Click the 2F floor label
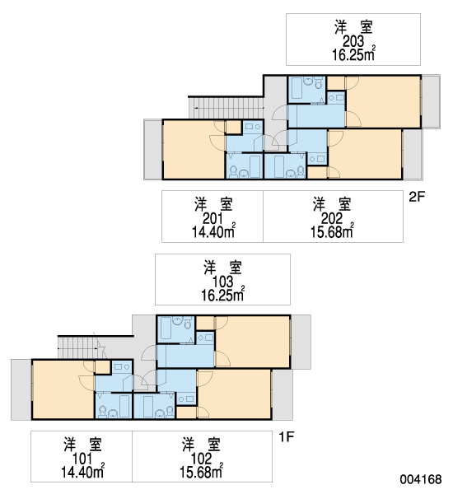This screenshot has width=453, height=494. [x=417, y=197]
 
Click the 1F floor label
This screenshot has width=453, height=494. [x=287, y=437]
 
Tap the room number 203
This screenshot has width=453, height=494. [x=353, y=41]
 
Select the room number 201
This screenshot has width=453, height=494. [x=212, y=218]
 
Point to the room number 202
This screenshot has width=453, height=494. [x=332, y=218]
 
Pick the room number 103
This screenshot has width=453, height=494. [x=223, y=282]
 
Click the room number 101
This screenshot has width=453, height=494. [x=82, y=459]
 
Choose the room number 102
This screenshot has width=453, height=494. [x=201, y=459]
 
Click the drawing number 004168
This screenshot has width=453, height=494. [x=421, y=479]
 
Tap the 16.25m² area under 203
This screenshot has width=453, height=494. [x=353, y=54]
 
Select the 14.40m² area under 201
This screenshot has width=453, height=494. [x=213, y=231]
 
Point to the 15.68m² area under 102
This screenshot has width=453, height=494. [x=201, y=472]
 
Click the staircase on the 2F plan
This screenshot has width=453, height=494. [x=226, y=108]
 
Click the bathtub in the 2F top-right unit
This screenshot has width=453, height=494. [x=297, y=88]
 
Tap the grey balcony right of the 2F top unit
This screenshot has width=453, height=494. [x=431, y=101]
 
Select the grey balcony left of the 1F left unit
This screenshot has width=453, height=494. [x=21, y=389]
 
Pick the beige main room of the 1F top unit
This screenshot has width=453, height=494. [x=252, y=342]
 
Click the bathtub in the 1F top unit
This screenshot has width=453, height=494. [x=166, y=328]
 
